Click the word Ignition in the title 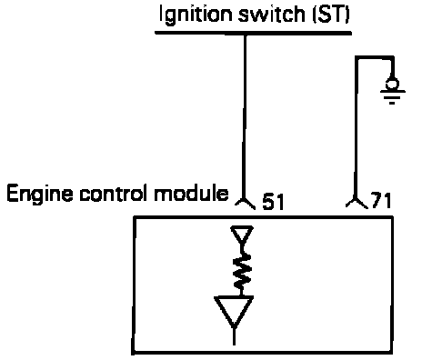tap(196, 15)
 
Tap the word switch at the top tap(272, 14)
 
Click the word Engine tap(40, 195)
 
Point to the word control tap(115, 194)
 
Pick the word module tap(191, 194)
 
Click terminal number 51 tap(273, 202)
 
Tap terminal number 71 tap(381, 200)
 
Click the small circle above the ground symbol tap(392, 84)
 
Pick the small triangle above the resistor tap(242, 234)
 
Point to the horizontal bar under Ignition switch tap(253, 33)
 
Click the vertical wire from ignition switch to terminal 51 tap(245, 115)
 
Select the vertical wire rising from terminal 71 tap(357, 127)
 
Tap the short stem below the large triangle tap(234, 337)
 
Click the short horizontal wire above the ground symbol tap(375, 57)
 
